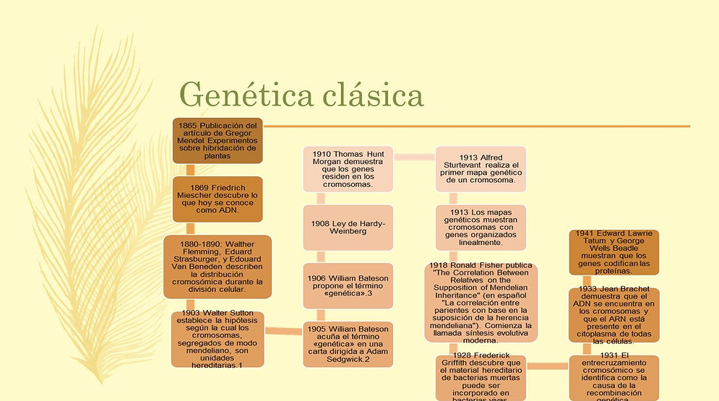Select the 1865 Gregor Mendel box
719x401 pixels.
218,141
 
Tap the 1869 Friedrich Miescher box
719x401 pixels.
218,199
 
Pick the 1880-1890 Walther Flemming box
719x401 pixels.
218,267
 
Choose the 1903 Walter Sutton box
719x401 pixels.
218,340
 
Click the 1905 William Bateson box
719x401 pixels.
348,345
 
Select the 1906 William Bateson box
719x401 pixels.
348,286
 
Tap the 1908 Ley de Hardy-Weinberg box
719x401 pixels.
348,228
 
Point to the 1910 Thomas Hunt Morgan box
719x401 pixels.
348,169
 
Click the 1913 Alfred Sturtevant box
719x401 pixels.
481,169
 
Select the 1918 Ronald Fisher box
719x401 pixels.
481,303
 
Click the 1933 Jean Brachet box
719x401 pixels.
614,313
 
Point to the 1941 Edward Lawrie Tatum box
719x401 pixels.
614,252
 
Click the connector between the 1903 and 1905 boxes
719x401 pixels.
283,331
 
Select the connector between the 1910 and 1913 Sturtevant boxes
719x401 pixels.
413,157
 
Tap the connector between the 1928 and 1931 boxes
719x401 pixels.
547,366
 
